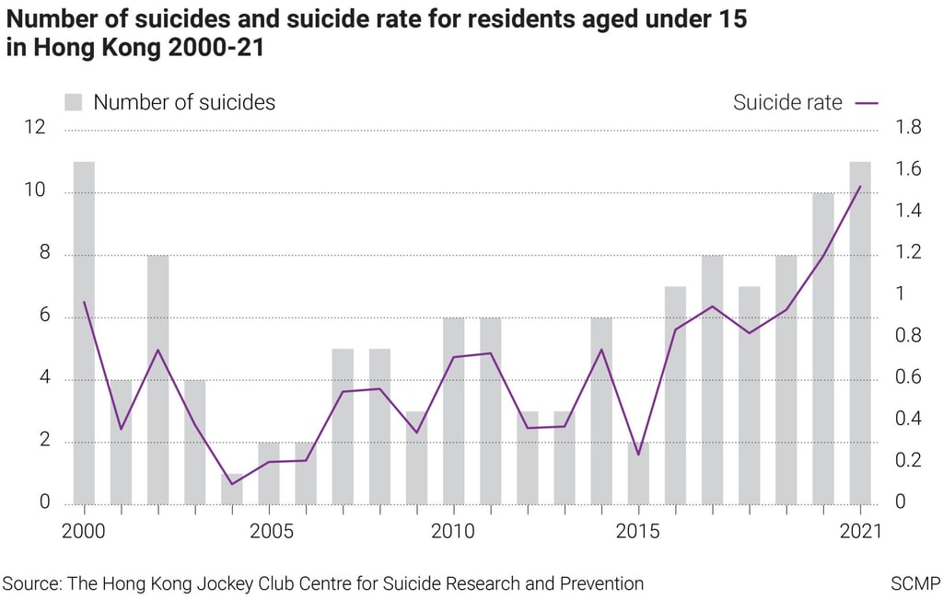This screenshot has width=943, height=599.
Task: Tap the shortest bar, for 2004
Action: pos(231,490)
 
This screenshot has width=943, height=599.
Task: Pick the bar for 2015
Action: pos(638,474)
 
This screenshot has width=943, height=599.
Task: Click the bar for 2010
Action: pos(453,411)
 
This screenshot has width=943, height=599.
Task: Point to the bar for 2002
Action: pos(157,380)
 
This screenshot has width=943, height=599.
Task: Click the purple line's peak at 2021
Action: pos(859,187)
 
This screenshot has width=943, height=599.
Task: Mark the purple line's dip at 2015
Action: pos(638,455)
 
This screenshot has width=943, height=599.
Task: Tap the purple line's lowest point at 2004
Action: pos(231,484)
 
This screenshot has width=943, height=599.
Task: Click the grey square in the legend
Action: pos(74,102)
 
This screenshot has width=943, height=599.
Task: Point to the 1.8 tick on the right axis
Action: pos(908,127)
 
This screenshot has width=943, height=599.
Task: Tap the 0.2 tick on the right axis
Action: pos(908,460)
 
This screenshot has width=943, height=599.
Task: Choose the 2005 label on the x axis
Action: pos(269,531)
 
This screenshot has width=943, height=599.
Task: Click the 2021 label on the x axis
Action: pos(860,531)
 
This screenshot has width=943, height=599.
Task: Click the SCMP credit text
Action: pos(914,583)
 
